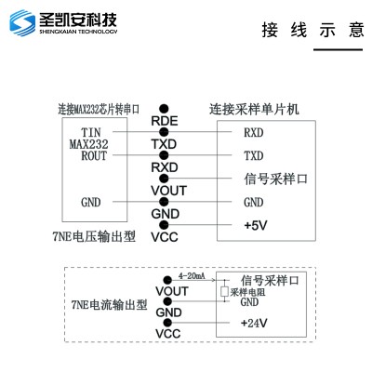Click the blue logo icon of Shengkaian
pyautogui.click(x=22, y=23)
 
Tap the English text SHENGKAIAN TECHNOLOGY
pyautogui.click(x=78, y=32)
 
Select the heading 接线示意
pyautogui.click(x=312, y=30)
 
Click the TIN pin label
pyautogui.click(x=91, y=132)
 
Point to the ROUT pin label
pyautogui.click(x=94, y=155)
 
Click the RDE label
pyautogui.click(x=165, y=121)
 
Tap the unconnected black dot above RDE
pyautogui.click(x=164, y=109)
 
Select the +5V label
pyautogui.click(x=256, y=225)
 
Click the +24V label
pyautogui.click(x=254, y=323)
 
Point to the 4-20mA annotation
pyautogui.click(x=192, y=275)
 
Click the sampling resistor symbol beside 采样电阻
pyautogui.click(x=224, y=291)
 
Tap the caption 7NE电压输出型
pyautogui.click(x=94, y=237)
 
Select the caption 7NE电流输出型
pyautogui.click(x=109, y=305)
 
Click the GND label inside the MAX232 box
pyautogui.click(x=91, y=202)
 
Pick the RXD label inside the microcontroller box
pyautogui.click(x=254, y=132)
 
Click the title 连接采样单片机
pyautogui.click(x=254, y=109)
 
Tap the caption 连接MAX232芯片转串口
pyautogui.click(x=99, y=109)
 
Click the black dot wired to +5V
pyautogui.click(x=164, y=225)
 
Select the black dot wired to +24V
pyautogui.click(x=167, y=323)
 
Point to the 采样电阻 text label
pyautogui.click(x=247, y=292)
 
